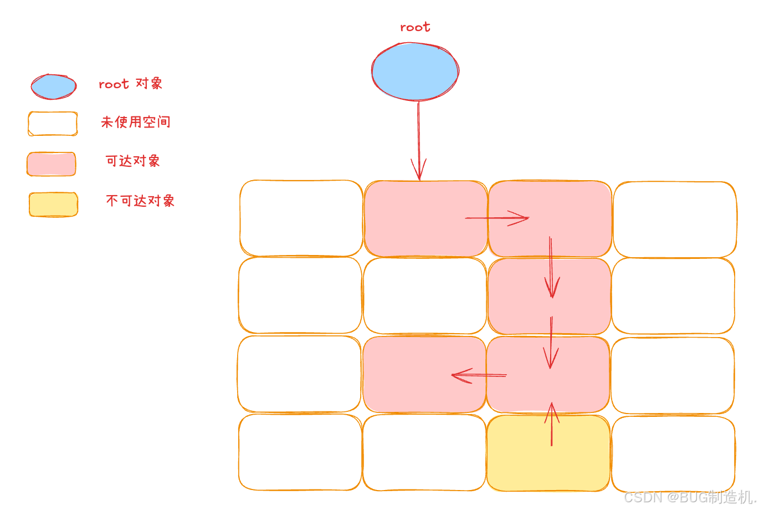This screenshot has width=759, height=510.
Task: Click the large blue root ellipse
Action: [x=415, y=72]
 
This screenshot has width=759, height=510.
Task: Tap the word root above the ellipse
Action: [x=415, y=27]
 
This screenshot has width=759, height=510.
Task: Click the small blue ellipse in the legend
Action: [x=53, y=87]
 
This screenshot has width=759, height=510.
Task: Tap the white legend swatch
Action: [x=53, y=124]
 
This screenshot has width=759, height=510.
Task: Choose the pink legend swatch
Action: [x=52, y=164]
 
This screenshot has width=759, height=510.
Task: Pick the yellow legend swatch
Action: [x=53, y=205]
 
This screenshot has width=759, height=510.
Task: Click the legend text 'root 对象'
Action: [x=131, y=84]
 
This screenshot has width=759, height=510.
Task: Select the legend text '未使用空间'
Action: [x=136, y=122]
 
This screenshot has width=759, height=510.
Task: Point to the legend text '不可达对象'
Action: [x=140, y=201]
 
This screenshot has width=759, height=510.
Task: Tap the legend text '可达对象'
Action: [x=133, y=161]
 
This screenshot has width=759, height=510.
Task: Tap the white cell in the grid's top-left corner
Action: [x=301, y=218]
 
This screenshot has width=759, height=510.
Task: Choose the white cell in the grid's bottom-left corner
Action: [x=300, y=452]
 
